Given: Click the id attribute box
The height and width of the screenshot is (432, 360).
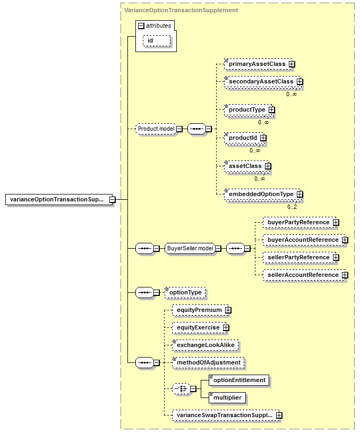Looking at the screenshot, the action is (x=157, y=40).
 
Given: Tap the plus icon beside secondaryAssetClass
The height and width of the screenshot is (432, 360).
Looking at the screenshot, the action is (x=299, y=81).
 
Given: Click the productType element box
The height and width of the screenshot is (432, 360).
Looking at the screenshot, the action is (x=248, y=109).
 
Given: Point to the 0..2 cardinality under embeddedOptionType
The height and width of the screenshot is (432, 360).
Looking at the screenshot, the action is (x=292, y=207).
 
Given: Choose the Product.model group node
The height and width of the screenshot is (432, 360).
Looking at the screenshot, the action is (x=156, y=129).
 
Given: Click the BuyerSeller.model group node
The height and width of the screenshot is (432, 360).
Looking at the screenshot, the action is (x=190, y=248).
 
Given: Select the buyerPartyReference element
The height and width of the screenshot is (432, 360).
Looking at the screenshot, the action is (x=298, y=222).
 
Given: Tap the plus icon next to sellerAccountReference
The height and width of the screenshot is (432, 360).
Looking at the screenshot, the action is (x=345, y=275).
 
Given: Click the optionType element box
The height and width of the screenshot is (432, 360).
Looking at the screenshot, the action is (x=185, y=292).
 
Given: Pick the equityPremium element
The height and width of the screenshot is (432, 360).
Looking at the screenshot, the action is (x=199, y=310).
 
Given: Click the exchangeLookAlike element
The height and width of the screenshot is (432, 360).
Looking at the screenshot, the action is (x=205, y=345).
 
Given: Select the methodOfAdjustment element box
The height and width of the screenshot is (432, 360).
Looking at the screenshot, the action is (x=208, y=362).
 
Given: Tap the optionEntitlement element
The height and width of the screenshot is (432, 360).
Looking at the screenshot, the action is (x=239, y=380).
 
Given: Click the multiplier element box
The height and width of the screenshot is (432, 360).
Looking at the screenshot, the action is (x=227, y=397).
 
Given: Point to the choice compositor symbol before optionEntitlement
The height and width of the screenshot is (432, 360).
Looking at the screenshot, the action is (x=181, y=389).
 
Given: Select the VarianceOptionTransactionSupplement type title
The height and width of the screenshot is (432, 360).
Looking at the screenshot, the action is (x=181, y=10).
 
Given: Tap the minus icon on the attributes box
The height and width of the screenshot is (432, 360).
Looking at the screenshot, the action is (x=141, y=26).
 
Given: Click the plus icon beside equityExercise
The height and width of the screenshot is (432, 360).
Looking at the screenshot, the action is (x=226, y=327).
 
